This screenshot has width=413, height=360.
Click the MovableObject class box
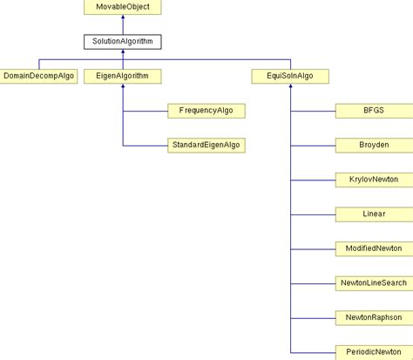(x=122, y=7)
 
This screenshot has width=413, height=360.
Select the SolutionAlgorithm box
(x=122, y=41)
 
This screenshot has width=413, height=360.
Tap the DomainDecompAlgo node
(x=39, y=76)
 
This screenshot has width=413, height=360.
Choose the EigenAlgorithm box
(x=122, y=76)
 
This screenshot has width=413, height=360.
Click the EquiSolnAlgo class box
(x=289, y=76)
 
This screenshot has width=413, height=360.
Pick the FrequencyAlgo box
(x=206, y=111)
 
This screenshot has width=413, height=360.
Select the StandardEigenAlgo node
(x=206, y=145)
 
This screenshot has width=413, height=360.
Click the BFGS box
(x=373, y=111)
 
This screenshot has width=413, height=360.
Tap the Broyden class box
(x=373, y=145)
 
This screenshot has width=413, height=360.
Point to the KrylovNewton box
(x=373, y=179)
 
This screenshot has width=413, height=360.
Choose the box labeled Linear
(x=373, y=214)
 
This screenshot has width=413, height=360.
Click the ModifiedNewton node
(x=373, y=248)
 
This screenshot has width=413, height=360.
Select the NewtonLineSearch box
(x=373, y=282)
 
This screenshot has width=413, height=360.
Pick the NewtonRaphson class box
(x=373, y=317)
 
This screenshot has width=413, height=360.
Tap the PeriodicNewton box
(x=373, y=351)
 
